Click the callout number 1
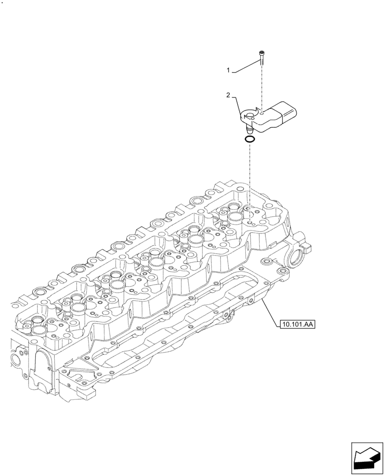point(228,70)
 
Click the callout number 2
point(228,96)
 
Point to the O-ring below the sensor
point(249,139)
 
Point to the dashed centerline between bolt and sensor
point(262,86)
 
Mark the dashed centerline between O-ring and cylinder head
point(249,176)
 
